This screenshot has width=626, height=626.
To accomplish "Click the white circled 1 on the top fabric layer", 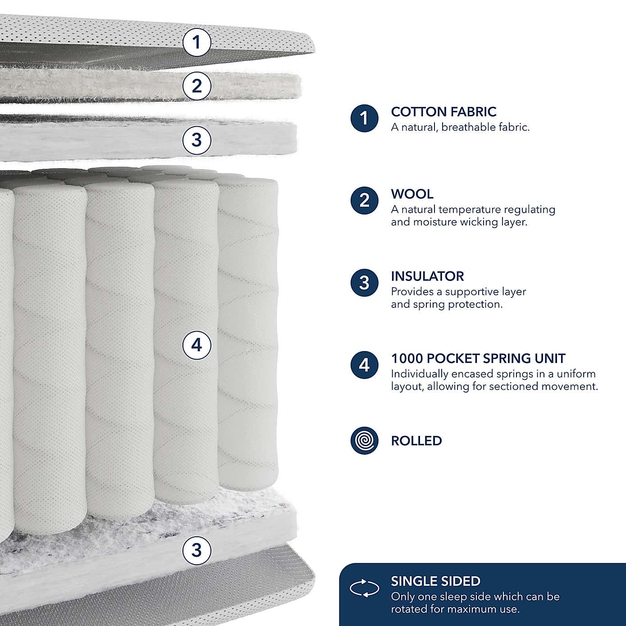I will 196,42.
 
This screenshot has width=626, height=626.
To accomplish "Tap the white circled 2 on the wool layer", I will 196,86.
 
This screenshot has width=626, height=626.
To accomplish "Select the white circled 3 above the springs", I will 196,140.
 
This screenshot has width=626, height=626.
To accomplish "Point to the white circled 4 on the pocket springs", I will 196,345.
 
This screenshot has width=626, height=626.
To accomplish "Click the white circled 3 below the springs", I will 196,550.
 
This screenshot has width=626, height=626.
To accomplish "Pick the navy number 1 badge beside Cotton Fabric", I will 364,119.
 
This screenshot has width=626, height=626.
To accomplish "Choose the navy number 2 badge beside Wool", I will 364,201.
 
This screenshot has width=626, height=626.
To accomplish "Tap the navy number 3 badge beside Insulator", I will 364,283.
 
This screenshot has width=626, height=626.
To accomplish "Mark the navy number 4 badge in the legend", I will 364,365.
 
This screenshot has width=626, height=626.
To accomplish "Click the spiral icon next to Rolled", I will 364,441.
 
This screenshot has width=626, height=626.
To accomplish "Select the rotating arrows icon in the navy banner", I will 364,588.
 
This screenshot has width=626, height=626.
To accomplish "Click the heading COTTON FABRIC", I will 443,112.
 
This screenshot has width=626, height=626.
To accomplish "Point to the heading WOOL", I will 412,194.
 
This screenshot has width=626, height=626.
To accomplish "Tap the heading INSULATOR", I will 427,276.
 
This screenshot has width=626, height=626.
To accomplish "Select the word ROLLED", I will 416,441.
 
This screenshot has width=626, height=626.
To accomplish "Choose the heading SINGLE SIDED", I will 435,581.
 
